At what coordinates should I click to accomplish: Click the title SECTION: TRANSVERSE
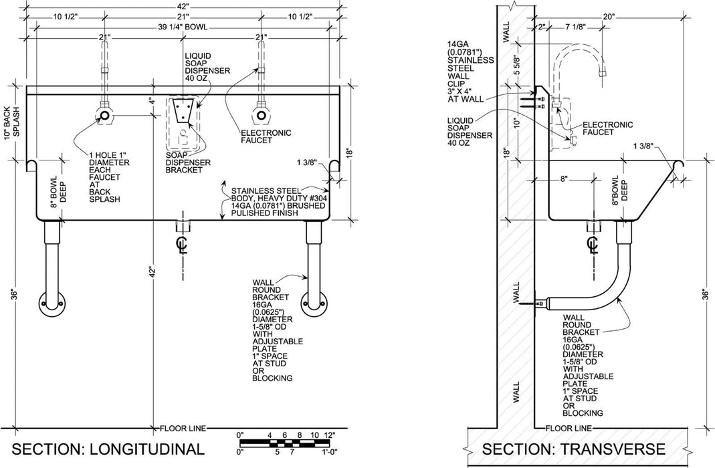[x=573, y=448]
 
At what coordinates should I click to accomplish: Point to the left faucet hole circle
[x=105, y=116]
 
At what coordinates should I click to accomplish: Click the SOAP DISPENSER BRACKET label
[x=188, y=162]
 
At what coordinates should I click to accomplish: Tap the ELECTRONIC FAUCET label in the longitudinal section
[x=266, y=137]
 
